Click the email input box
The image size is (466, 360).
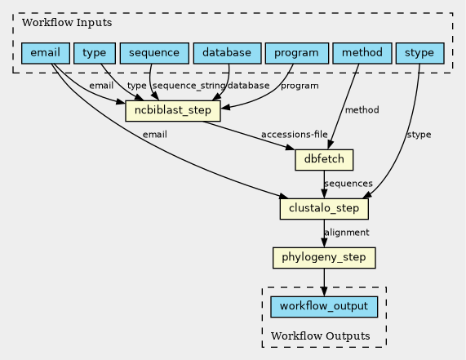(x=46, y=53)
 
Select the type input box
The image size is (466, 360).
(x=95, y=53)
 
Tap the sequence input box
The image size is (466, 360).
(x=154, y=53)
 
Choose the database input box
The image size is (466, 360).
(x=228, y=53)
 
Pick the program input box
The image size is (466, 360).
(x=297, y=53)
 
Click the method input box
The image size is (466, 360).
(x=362, y=53)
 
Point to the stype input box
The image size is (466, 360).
(x=420, y=53)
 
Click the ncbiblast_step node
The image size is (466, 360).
(x=173, y=111)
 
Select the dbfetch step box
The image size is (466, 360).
(x=324, y=160)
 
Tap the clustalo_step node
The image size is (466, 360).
(x=324, y=209)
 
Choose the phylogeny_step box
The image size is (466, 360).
(x=324, y=258)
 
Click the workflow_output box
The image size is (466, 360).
(x=324, y=307)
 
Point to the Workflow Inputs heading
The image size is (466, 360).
(x=67, y=23)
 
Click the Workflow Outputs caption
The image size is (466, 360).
(x=321, y=336)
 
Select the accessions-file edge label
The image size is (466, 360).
(x=295, y=135)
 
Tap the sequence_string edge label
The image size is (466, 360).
(x=189, y=86)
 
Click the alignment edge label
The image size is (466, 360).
(x=347, y=232)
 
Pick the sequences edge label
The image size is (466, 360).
(x=348, y=184)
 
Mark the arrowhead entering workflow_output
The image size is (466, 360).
(x=324, y=291)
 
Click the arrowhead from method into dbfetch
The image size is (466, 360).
(x=330, y=144)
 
